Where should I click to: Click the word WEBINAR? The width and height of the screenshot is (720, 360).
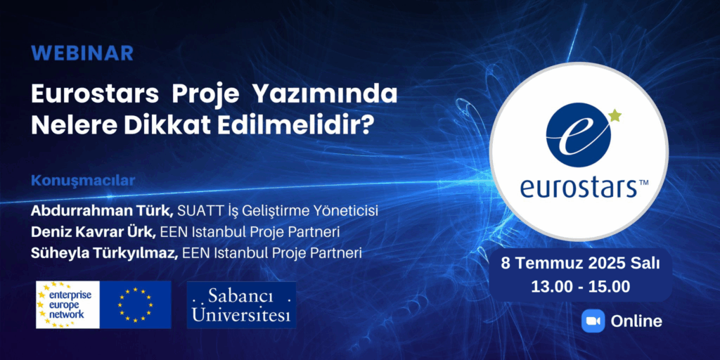[x=83, y=53]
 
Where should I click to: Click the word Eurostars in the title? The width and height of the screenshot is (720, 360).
[x=95, y=95]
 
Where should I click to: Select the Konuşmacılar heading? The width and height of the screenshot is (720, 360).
[x=83, y=181]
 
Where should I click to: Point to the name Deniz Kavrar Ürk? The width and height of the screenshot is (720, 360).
[x=94, y=232]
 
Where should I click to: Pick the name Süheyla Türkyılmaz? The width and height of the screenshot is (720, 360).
[x=105, y=252]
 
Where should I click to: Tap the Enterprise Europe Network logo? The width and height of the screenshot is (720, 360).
[x=68, y=305]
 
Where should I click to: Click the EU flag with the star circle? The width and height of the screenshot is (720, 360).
[x=136, y=305]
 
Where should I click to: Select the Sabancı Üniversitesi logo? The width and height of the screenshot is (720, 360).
[x=242, y=305]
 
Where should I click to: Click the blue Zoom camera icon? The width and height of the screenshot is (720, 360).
[x=593, y=321]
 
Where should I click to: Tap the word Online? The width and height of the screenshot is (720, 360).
[x=636, y=321]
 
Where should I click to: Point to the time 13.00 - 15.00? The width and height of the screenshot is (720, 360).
[x=580, y=287]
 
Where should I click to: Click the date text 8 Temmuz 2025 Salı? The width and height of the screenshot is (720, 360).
[x=580, y=264]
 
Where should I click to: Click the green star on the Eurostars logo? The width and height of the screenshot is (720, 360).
[x=615, y=115]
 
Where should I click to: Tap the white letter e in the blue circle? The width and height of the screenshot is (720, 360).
[x=579, y=135]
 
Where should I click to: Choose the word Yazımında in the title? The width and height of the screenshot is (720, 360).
[x=325, y=95]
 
